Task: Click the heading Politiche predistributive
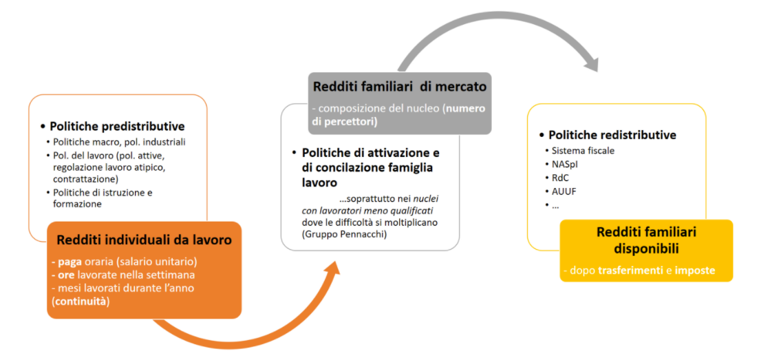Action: pos(117,127)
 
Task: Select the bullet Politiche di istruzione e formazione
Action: pos(103,198)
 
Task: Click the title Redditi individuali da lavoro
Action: pos(145,240)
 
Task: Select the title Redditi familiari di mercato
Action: pos(399,87)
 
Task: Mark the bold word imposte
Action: pos(695,271)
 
